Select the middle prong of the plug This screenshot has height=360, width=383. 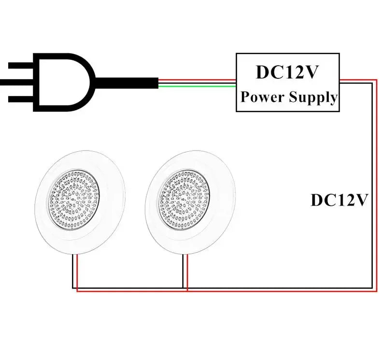pyautogui.click(x=19, y=82)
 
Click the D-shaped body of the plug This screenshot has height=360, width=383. pyautogui.click(x=68, y=82)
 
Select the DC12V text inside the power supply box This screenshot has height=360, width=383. pyautogui.click(x=287, y=72)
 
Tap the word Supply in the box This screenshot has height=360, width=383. pyautogui.click(x=313, y=97)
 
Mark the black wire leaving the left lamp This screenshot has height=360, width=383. pyautogui.click(x=73, y=271)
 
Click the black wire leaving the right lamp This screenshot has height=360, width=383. pyautogui.click(x=183, y=271)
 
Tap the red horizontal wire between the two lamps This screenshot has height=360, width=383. pyautogui.click(x=130, y=291)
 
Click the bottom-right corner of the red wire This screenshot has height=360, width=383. pyautogui.click(x=376, y=291)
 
